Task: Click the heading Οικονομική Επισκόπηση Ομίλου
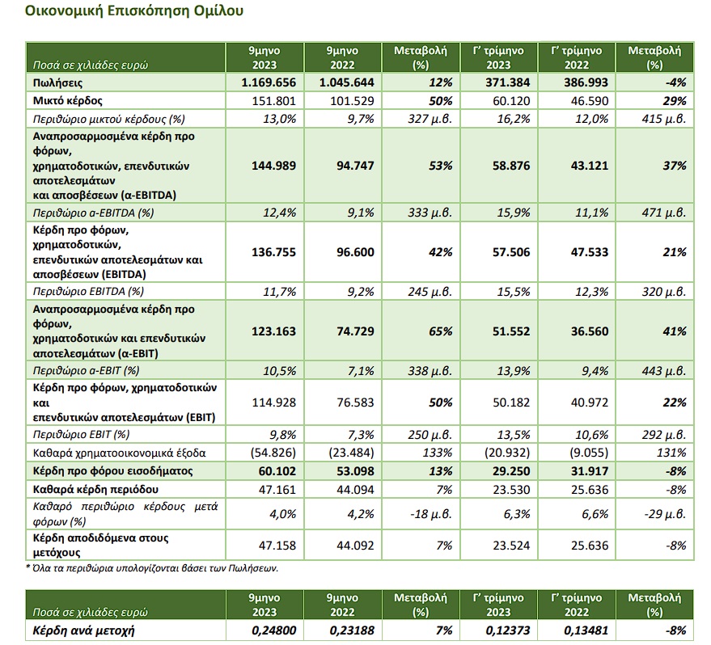pos(134,11)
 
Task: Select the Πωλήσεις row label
pos(57,82)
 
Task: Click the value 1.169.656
pos(269,82)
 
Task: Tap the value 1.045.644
pos(346,82)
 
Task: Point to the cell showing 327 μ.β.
pos(430,119)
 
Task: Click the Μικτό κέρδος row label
pos(68,100)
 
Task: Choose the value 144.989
pos(274,166)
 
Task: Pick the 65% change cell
pos(441,331)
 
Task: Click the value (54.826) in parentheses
pos(273,453)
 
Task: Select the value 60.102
pos(277,471)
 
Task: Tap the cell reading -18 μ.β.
pos(431,514)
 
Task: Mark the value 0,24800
pos(274,630)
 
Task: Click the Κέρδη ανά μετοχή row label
pos(83,630)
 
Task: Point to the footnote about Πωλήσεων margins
pos(152,568)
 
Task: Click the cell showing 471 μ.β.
pos(664,213)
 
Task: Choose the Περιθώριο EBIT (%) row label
pos(81,435)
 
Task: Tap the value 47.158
pos(277,546)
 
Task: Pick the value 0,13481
pos(586,630)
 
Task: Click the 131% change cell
pos(671,453)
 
